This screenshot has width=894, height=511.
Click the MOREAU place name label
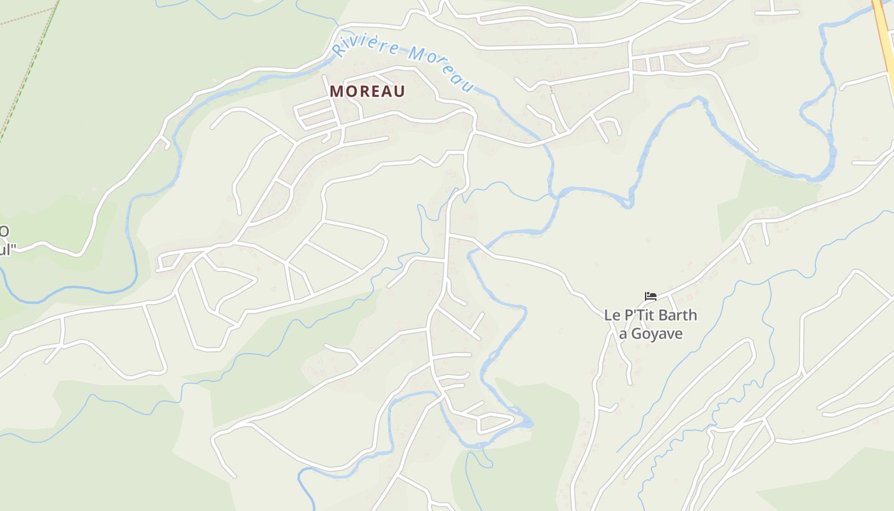pos(367,91)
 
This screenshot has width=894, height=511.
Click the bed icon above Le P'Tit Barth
pos(651,296)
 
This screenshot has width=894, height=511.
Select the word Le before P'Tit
pos(612,315)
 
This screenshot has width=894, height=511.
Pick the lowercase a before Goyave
pos(623,335)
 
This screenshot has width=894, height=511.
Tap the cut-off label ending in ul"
pos(6,249)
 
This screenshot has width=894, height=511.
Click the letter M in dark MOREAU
pos(337,91)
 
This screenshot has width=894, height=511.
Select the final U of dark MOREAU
pos(399,91)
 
